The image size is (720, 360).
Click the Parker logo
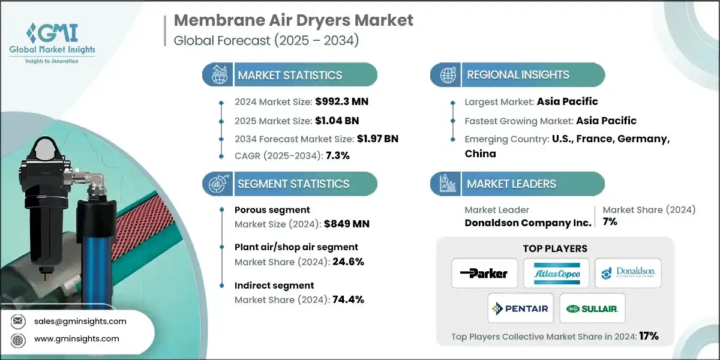tap(484, 274)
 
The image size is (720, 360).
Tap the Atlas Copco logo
tap(556, 274)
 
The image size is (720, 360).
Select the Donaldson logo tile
tap(628, 274)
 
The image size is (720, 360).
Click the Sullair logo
tap(592, 308)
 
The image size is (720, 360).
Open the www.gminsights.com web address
tap(77, 338)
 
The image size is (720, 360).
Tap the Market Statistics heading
tap(290, 75)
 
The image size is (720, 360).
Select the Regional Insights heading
tap(518, 75)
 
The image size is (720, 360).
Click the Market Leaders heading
tap(511, 184)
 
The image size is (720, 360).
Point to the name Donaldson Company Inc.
tap(528, 222)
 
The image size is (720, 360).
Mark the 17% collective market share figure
tap(649, 336)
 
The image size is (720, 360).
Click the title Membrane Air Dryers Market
tap(293, 20)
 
